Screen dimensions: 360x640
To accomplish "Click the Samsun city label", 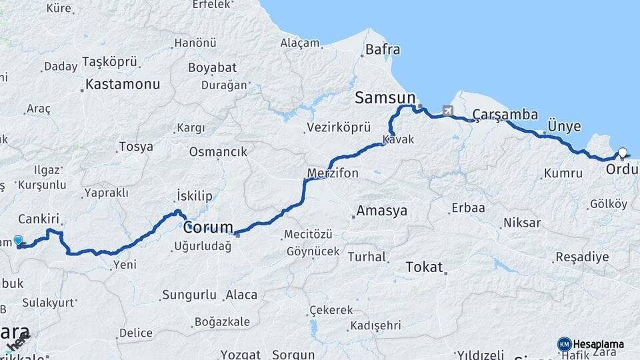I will [385, 98].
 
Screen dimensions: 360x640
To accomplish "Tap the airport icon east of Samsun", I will [447, 111].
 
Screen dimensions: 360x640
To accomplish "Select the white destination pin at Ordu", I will [622, 153].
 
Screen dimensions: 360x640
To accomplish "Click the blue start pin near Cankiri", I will [18, 240].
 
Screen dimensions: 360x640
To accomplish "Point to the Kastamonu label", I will [123, 85].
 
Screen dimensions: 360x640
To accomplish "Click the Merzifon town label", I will [333, 173].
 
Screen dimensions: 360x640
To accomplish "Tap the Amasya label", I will [381, 211].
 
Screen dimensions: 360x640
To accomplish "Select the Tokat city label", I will [424, 267].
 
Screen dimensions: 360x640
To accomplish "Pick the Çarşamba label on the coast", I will [505, 115].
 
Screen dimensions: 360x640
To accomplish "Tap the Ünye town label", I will [564, 126].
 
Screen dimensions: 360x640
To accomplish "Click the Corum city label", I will [208, 227].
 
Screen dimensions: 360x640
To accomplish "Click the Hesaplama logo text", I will [599, 344].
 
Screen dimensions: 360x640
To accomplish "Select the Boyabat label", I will [212, 67].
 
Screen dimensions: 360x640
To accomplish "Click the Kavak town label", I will [398, 140].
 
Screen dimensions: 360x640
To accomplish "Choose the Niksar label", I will [522, 223].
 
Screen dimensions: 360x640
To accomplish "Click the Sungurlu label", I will [189, 294].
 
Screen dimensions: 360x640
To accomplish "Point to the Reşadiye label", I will [582, 257].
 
